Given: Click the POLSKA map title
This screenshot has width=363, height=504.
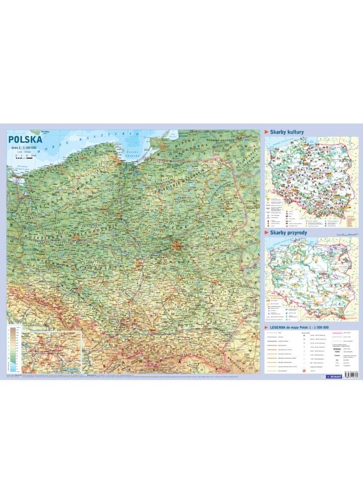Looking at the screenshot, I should pyautogui.click(x=25, y=139).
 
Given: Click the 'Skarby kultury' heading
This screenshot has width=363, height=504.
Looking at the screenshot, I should pyautogui.click(x=287, y=132).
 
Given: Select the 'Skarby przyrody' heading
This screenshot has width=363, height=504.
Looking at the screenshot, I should pyautogui.click(x=289, y=233).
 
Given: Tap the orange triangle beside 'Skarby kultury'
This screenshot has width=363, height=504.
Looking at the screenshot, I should pyautogui.click(x=267, y=132).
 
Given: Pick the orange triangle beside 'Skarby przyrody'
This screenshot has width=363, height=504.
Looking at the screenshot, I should pyautogui.click(x=267, y=233).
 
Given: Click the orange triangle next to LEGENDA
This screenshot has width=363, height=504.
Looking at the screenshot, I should pyautogui.click(x=267, y=327).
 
